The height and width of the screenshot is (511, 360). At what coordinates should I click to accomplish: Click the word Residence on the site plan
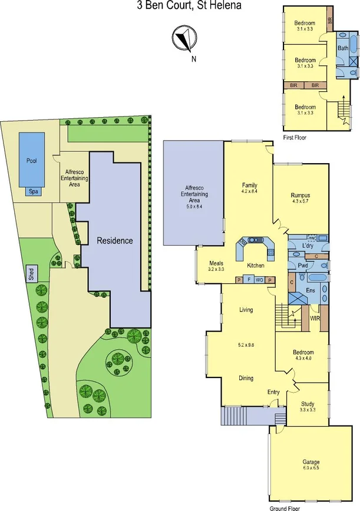click(115, 241)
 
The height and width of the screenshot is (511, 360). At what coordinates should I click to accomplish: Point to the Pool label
click(31, 160)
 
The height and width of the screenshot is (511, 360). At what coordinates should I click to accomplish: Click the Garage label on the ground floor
click(311, 462)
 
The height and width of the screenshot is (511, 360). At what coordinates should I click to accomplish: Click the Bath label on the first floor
click(342, 49)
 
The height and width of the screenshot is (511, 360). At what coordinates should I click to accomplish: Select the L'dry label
click(306, 245)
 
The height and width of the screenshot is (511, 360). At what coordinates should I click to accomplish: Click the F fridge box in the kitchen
click(249, 280)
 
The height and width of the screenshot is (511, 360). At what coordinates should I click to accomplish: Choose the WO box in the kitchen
click(259, 280)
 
